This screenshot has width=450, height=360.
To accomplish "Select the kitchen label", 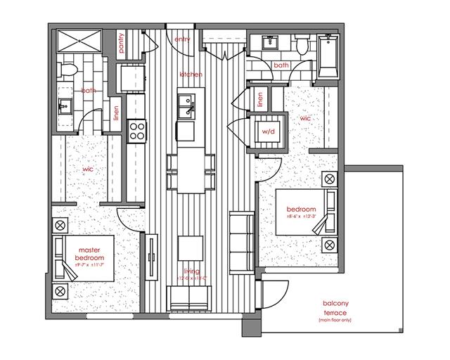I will [191, 74].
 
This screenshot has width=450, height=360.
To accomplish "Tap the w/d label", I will [268, 131].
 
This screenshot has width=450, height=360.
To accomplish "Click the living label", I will [191, 271].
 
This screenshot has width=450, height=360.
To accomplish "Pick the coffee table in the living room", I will [190, 247].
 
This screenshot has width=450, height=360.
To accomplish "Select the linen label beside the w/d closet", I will [260, 101].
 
